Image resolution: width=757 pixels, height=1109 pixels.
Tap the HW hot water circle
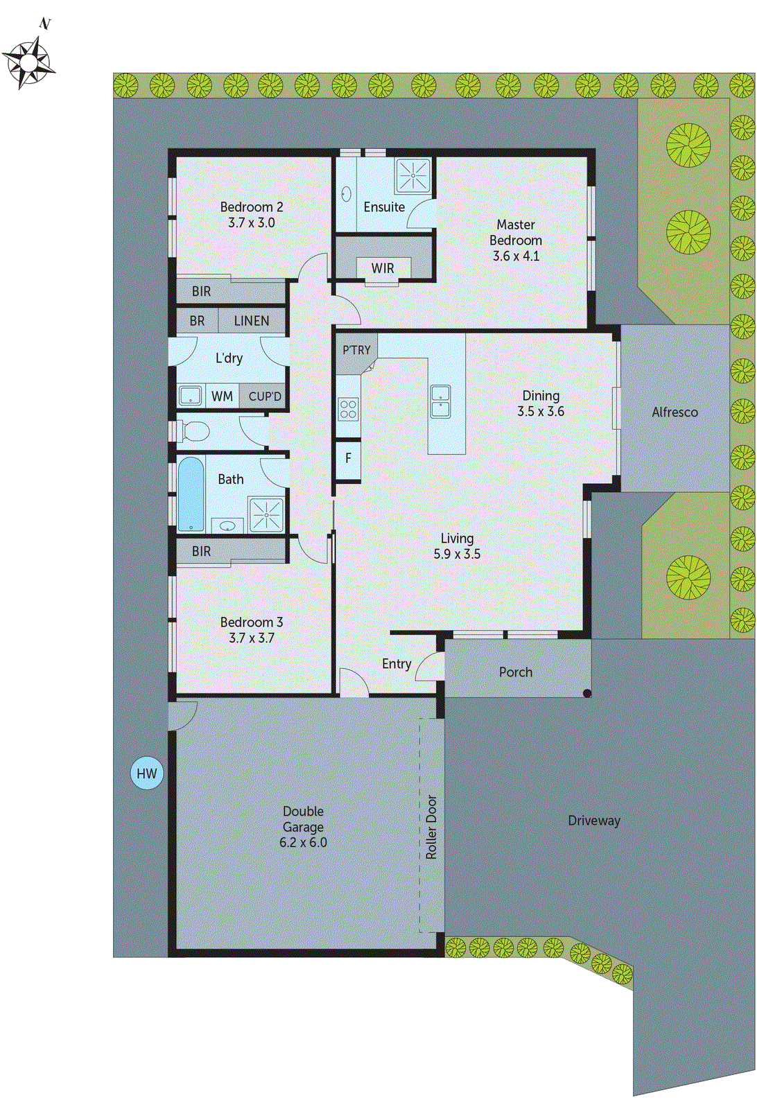point(147,774)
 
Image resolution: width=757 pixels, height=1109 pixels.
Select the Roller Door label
point(431,827)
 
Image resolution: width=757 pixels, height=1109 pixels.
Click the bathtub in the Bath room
point(191,494)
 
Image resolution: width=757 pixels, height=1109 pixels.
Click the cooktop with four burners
point(348,409)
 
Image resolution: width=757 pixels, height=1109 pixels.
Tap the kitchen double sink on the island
point(440,401)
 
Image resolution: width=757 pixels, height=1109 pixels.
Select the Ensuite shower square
point(413,175)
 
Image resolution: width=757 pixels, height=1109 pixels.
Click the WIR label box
point(383,268)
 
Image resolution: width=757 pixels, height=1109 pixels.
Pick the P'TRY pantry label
point(356,350)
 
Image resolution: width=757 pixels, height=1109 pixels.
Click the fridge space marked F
point(348,458)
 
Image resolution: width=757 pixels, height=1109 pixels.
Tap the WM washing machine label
point(222,396)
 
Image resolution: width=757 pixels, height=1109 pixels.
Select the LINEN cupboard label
point(251,321)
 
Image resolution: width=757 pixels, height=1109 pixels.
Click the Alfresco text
point(675,412)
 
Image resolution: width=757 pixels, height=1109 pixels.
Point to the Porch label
point(516,672)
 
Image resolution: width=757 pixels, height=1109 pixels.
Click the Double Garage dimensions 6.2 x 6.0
point(303,842)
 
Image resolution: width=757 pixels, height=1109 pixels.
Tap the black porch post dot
point(586,692)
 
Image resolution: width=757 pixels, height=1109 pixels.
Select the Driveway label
point(594,820)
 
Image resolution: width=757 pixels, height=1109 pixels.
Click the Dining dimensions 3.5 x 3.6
point(541,411)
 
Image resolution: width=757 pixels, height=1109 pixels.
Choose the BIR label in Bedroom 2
point(201,291)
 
